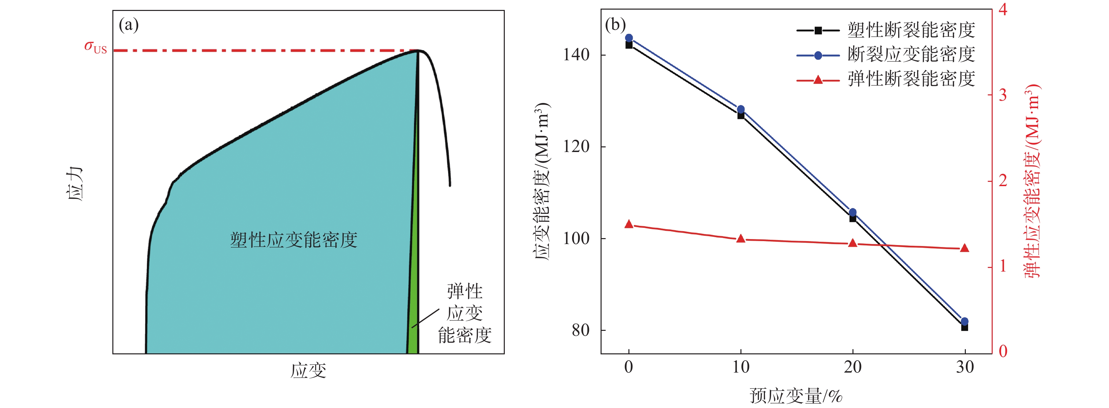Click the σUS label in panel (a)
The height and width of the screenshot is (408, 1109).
click(95, 47)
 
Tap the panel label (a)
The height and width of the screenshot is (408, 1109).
click(129, 25)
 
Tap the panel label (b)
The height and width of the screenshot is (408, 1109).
click(615, 25)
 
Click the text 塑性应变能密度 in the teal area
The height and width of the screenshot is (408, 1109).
click(294, 240)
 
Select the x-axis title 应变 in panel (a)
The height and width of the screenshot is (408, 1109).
click(308, 371)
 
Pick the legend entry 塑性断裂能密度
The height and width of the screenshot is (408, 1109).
click(911, 30)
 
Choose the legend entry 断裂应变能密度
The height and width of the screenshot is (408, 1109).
click(911, 55)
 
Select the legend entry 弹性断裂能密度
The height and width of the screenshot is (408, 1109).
click(911, 79)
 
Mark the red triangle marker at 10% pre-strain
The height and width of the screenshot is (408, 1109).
click(740, 238)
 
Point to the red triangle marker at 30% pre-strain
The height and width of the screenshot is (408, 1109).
click(964, 248)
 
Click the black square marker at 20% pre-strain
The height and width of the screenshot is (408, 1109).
click(852, 218)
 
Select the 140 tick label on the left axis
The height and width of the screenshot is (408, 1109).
click(576, 55)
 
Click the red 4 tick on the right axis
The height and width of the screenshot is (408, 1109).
click(1003, 10)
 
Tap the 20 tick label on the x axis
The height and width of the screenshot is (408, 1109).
click(852, 367)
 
